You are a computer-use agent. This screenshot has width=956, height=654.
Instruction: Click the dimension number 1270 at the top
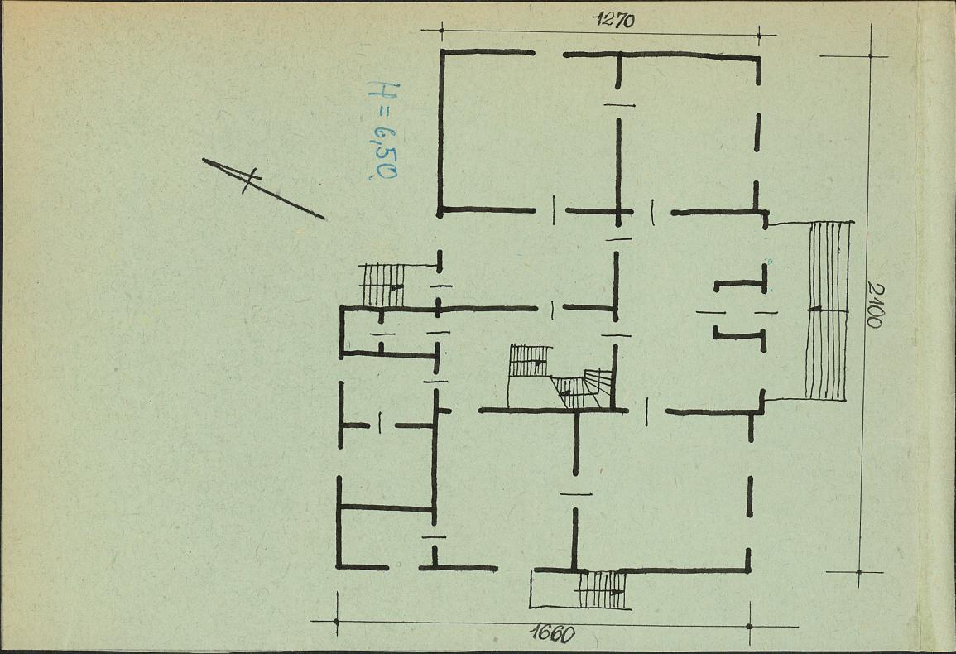[614, 20]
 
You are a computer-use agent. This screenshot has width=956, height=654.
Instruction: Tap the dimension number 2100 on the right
[874, 304]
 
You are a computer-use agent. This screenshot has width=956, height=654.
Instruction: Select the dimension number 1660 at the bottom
[552, 634]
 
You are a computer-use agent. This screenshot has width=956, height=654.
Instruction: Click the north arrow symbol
[262, 189]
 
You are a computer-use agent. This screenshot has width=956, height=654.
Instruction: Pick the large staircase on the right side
[827, 310]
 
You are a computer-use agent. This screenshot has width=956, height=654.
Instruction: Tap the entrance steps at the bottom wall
[601, 590]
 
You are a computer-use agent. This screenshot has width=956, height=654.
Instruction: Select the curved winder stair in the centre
[581, 388]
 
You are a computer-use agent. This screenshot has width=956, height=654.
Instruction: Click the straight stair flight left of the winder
[530, 360]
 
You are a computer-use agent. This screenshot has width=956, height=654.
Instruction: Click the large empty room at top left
[528, 132]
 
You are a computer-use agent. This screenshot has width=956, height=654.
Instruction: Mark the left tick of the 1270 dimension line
[441, 29]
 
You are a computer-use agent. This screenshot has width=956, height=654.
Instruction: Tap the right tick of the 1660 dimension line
[749, 626]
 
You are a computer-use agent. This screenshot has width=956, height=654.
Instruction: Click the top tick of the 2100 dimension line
[870, 56]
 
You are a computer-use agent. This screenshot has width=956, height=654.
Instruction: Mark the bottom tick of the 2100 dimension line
[859, 572]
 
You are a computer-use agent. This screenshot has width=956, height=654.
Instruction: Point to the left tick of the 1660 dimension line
[337, 622]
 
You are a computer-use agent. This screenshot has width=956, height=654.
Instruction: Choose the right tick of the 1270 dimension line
[758, 36]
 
